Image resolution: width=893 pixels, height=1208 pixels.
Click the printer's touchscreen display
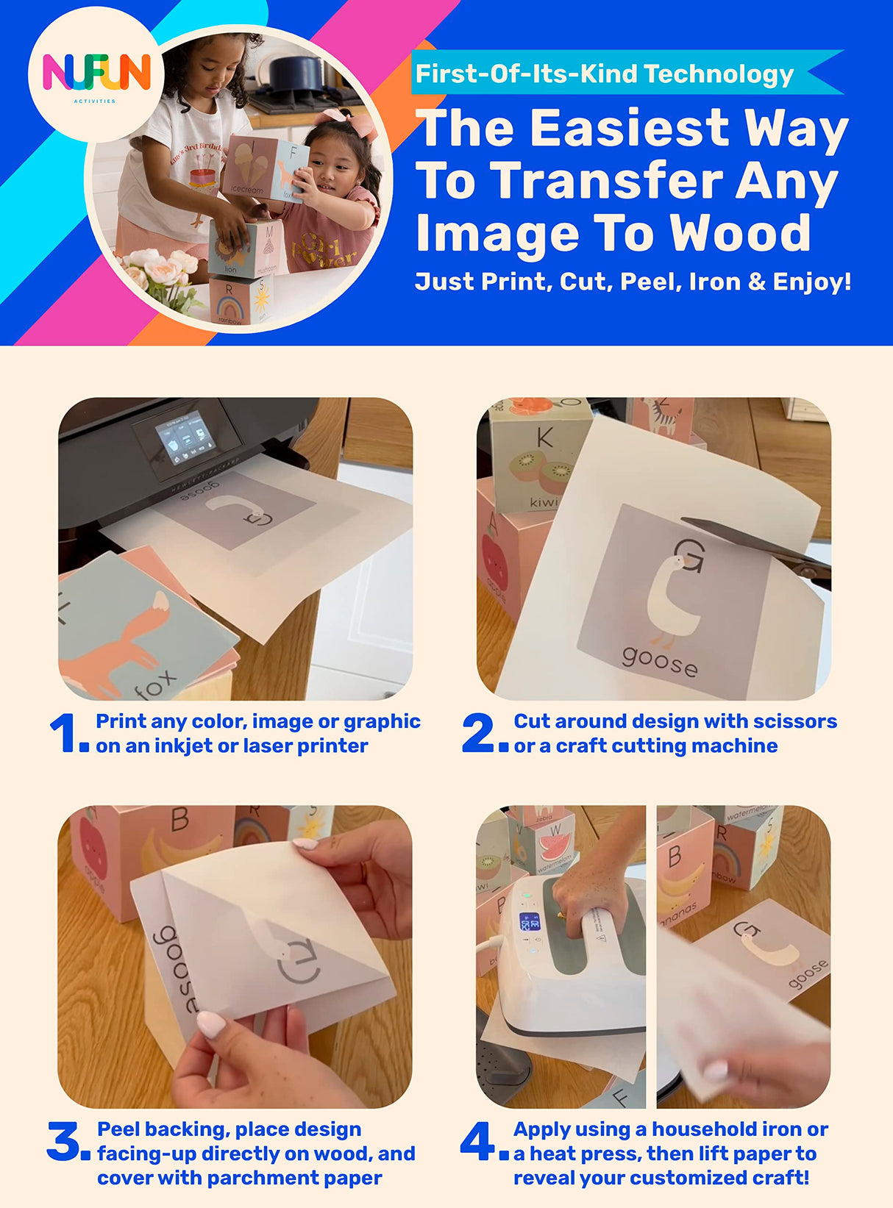[185, 439]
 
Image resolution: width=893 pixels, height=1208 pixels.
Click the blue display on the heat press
[530, 922]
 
